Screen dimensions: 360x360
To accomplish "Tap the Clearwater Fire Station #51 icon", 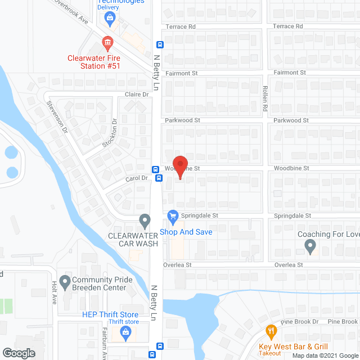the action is [107, 42].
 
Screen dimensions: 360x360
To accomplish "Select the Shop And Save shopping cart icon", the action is [173, 215].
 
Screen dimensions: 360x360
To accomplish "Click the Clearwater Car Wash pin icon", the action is [145, 219].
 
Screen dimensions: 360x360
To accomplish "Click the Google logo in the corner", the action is [18, 353].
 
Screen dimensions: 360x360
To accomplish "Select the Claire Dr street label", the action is [137, 94].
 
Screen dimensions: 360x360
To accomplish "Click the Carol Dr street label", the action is [137, 178].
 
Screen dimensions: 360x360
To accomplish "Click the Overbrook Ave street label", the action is [72, 11].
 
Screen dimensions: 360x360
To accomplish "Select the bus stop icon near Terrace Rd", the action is [160, 45].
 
